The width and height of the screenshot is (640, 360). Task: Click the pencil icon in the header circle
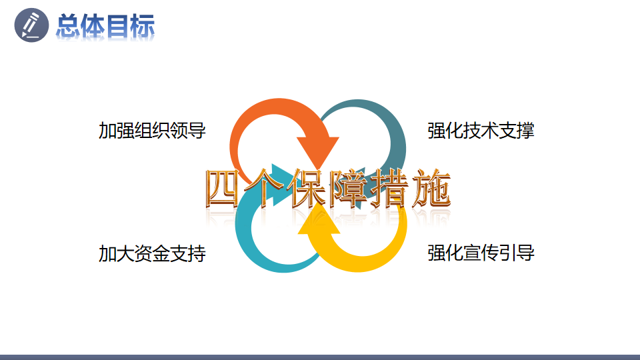click(x=31, y=25)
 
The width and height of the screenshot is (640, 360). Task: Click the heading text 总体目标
click(x=105, y=26)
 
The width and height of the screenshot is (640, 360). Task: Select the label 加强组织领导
click(x=152, y=131)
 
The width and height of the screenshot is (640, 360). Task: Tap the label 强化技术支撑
click(x=481, y=131)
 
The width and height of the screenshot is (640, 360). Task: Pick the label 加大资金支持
click(x=152, y=253)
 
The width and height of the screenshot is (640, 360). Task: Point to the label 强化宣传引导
click(x=481, y=253)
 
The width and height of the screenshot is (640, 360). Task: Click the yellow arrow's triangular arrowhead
click(x=319, y=221)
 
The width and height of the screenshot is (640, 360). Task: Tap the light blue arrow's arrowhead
click(x=281, y=185)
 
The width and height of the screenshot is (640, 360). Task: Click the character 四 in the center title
click(x=223, y=189)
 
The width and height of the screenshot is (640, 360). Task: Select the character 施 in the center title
click(x=431, y=189)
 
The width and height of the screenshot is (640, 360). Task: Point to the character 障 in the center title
click(x=348, y=189)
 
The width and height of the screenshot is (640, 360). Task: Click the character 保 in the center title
click(x=306, y=189)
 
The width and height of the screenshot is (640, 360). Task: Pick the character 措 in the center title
click(x=389, y=189)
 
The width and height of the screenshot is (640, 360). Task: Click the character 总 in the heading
click(x=67, y=26)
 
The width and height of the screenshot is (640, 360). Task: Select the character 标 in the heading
click(x=143, y=26)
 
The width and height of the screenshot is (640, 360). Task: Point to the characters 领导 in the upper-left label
click(x=188, y=131)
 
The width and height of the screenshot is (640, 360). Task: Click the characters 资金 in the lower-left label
click(x=152, y=253)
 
